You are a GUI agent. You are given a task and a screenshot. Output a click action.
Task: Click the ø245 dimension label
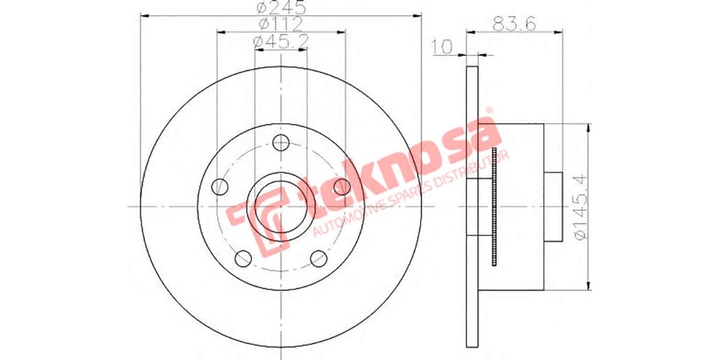[281, 8]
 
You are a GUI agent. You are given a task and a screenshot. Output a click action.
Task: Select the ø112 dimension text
[281, 24]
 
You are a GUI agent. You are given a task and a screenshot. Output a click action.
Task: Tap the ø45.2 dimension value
[281, 41]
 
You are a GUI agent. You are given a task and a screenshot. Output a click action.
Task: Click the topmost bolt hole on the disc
[281, 143]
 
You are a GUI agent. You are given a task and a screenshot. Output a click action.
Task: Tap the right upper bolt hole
[341, 186]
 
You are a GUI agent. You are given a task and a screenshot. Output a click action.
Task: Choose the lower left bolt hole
[243, 259]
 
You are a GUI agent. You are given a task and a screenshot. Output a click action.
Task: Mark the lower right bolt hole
[319, 259]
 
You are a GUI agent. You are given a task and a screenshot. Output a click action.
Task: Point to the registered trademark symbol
[488, 110]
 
